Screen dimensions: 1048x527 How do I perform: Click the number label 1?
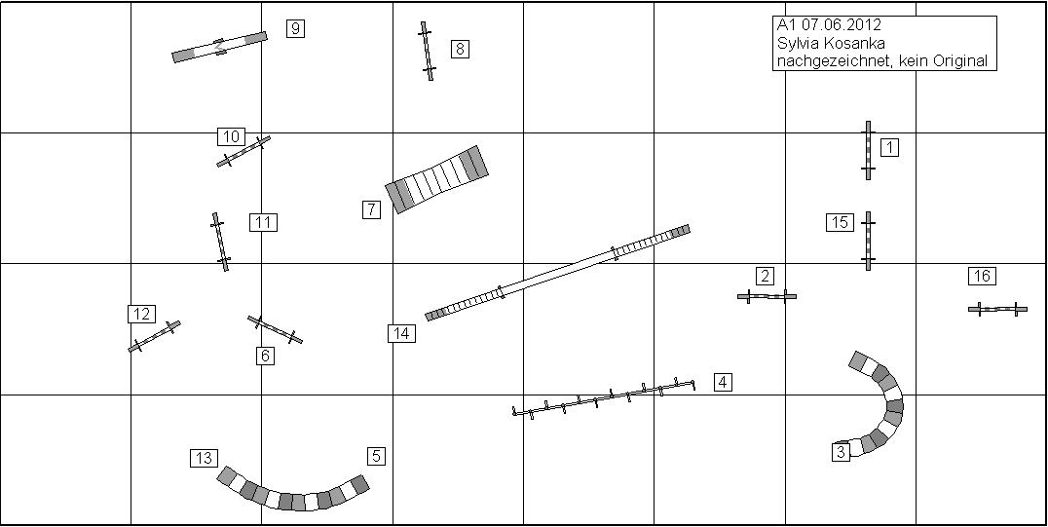click(x=889, y=147)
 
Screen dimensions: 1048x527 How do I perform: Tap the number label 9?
click(x=295, y=29)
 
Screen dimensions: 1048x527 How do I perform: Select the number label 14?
click(x=401, y=333)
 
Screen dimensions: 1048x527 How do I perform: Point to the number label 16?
click(x=982, y=276)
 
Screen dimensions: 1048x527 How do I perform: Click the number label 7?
click(x=371, y=209)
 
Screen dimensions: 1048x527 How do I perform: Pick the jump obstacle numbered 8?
click(x=427, y=51)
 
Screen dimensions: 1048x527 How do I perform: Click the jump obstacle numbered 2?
click(x=767, y=295)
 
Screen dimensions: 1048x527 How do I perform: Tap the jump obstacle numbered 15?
click(x=868, y=241)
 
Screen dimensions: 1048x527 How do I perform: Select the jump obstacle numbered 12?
click(x=155, y=336)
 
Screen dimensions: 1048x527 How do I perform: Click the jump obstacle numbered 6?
click(x=275, y=329)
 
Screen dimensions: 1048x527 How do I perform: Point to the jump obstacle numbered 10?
click(x=243, y=151)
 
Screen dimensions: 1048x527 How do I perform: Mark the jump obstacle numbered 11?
click(x=220, y=242)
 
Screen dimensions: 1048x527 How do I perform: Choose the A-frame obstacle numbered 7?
click(x=436, y=179)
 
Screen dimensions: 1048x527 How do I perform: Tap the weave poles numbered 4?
click(x=604, y=398)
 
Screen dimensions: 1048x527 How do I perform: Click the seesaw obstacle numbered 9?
click(x=219, y=47)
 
